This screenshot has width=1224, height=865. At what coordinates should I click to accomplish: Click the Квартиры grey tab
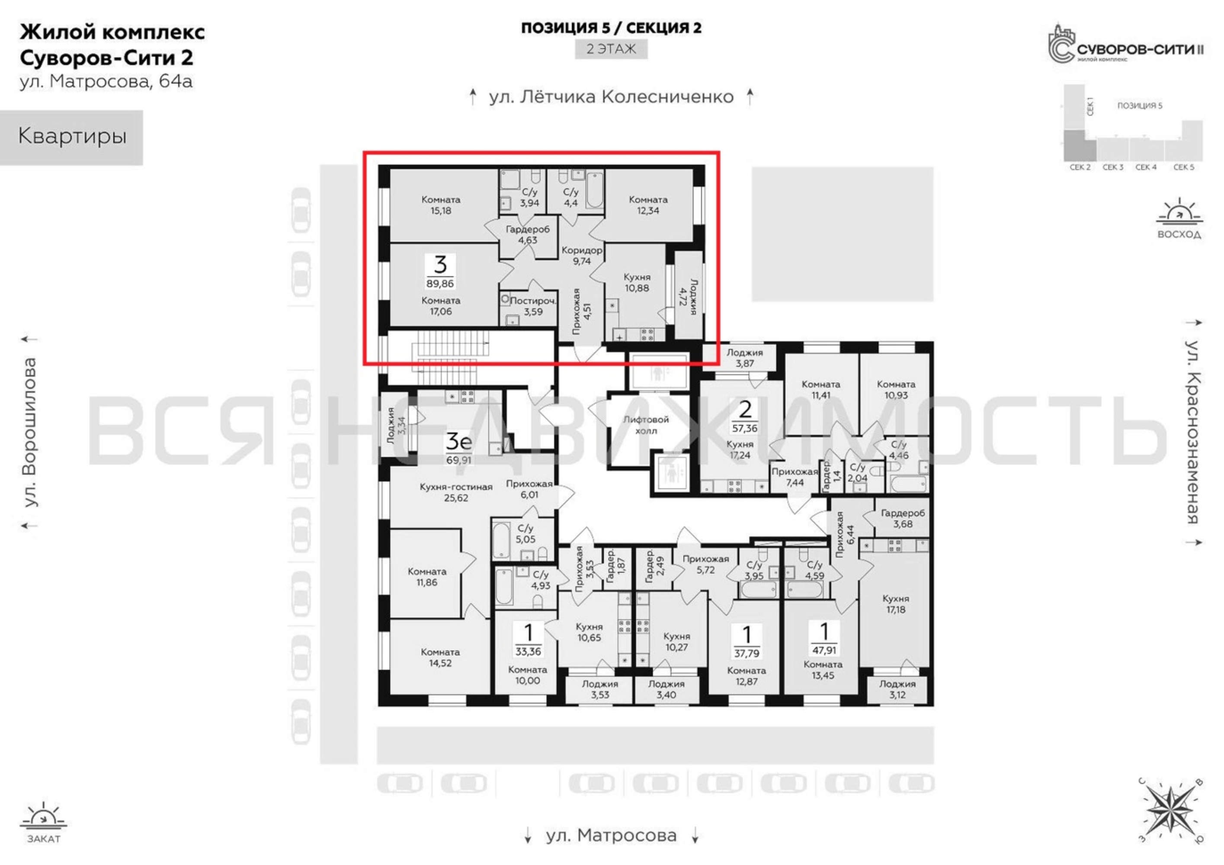[71, 137]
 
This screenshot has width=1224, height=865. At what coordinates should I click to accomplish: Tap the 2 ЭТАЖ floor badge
[611, 49]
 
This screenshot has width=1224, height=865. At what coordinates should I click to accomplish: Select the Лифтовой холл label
[646, 425]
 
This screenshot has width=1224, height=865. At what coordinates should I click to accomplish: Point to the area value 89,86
[440, 284]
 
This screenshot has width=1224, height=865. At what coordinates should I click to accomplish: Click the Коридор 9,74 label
[582, 256]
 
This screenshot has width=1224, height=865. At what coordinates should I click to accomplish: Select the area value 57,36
[745, 428]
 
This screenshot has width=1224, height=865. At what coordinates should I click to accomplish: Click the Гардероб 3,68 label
[903, 519]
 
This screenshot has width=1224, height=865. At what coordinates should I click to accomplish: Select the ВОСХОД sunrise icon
[1179, 218]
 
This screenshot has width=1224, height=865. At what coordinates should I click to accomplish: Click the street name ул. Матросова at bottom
[611, 835]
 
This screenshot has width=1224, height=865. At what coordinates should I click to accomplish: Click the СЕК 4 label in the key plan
[1146, 167]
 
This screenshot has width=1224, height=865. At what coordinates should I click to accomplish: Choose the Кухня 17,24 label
[740, 449]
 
